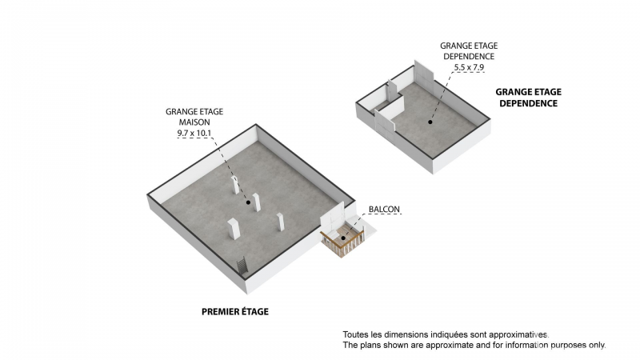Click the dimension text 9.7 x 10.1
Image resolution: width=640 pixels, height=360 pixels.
pos(194,133)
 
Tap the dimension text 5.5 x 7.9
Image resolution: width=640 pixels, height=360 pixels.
pos(469,67)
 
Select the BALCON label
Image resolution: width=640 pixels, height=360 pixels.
pos(384,210)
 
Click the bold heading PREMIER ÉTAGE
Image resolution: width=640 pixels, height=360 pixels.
pos(235,311)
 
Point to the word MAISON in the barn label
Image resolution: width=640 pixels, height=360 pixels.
pos(194,122)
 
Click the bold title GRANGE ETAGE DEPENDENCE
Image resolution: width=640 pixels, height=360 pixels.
pos(529,98)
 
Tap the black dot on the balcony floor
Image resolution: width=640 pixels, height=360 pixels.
pos(343,238)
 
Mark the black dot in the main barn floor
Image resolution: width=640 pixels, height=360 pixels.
pos(248,202)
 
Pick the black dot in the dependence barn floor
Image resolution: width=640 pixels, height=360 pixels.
pos(430,122)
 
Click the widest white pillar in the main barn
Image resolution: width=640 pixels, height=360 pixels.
pos(234,229)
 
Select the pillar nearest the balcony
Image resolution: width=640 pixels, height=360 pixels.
pos(281,222)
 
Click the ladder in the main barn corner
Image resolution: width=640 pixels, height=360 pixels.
pos(242,266)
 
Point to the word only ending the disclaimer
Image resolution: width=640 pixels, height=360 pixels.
pos(597,345)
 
